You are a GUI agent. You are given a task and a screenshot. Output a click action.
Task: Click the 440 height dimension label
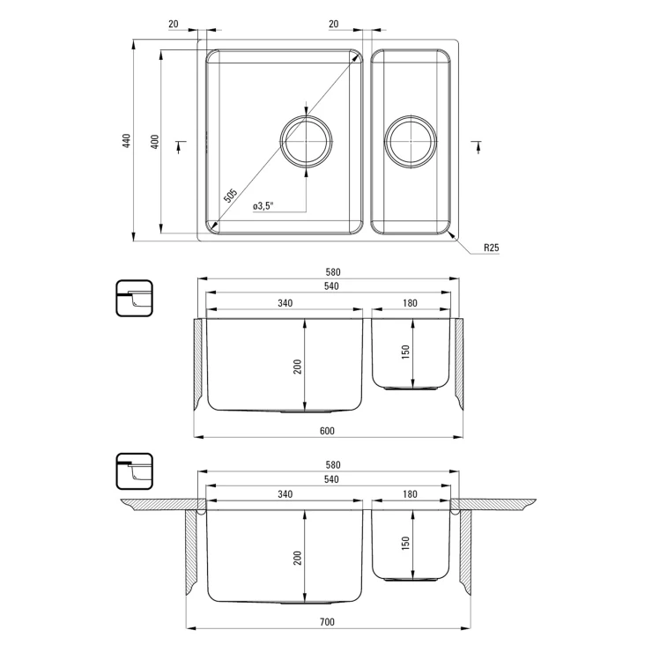click(126, 141)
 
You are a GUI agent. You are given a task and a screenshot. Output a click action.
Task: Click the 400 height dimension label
click(154, 142)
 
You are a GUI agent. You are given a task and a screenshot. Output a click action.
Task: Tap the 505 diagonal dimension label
click(230, 196)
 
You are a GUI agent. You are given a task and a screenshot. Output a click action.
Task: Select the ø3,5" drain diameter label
click(263, 206)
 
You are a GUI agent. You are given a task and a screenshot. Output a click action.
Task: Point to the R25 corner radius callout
click(491, 248)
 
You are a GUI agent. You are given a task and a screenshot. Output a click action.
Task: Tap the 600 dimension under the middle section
click(327, 431)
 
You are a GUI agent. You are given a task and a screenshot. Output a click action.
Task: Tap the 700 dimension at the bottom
click(327, 622)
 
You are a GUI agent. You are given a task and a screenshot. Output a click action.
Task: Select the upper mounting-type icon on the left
click(134, 298)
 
